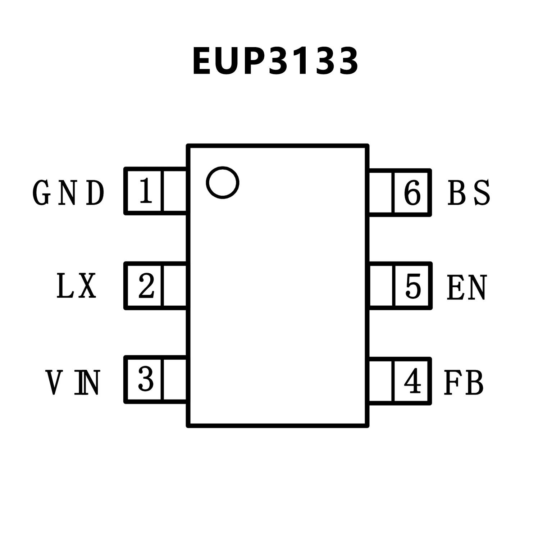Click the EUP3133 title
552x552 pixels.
click(275, 61)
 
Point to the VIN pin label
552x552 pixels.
click(72, 383)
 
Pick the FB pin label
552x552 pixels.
click(464, 383)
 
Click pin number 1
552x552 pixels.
click(145, 191)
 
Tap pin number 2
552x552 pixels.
click(146, 286)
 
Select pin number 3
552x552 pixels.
click(146, 379)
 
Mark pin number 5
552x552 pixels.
click(413, 286)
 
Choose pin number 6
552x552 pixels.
click(412, 192)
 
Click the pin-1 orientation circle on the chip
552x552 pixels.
click(223, 182)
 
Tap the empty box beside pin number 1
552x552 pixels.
click(175, 191)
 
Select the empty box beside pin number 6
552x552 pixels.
click(381, 192)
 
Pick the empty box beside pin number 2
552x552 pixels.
click(175, 286)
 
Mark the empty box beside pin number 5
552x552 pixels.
click(381, 286)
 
